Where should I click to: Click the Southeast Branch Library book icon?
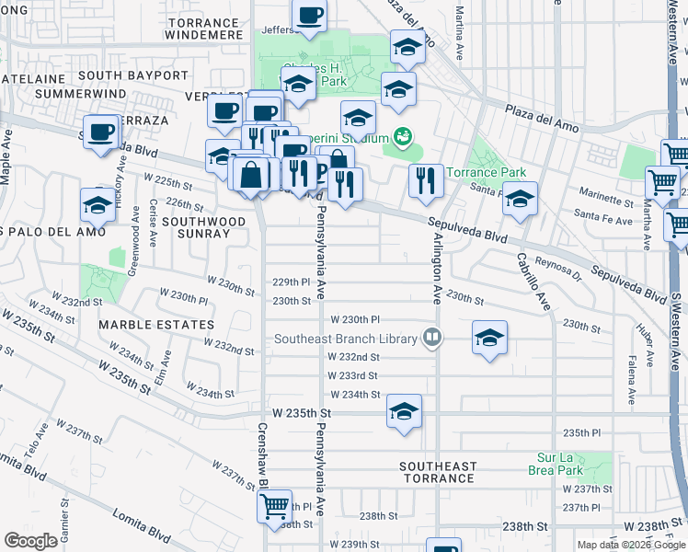tap(430, 339)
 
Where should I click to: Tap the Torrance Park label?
tap(486, 172)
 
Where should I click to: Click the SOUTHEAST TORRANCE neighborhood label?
tap(438, 473)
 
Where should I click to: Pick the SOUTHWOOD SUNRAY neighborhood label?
tap(204, 228)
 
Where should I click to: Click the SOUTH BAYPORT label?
tap(133, 75)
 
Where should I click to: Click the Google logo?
tap(30, 540)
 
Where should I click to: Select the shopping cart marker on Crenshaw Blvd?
tap(274, 506)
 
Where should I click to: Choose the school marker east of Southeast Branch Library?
tap(490, 338)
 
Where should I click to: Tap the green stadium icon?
tap(400, 138)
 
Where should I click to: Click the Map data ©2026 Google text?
tap(631, 545)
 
